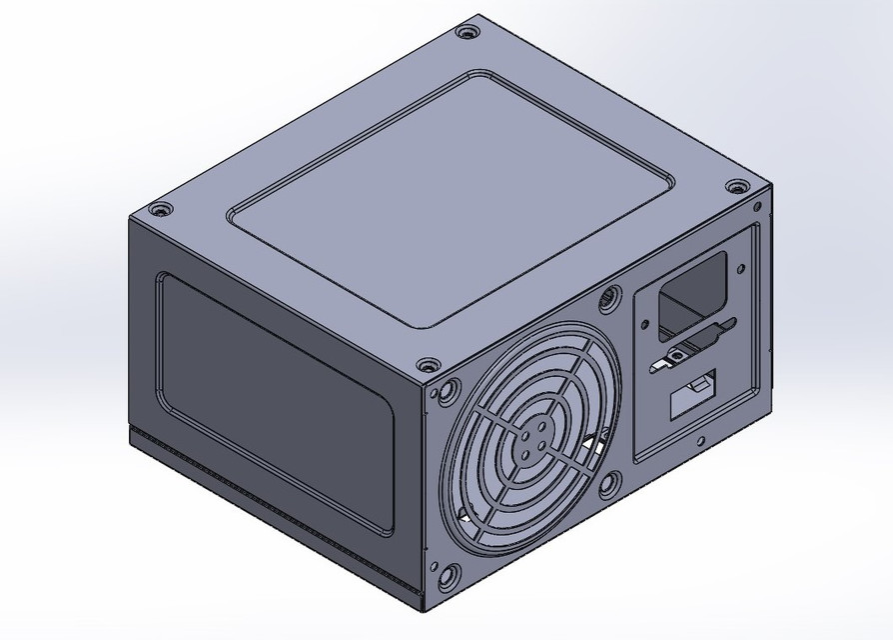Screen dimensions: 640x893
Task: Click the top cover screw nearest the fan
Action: [428, 365]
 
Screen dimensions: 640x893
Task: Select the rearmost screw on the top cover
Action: [466, 32]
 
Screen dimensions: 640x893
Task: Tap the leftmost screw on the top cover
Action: [158, 210]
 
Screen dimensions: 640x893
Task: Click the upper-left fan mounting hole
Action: [447, 389]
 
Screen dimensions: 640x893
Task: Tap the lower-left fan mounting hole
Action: [447, 574]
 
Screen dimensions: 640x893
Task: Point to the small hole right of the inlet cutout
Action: [741, 267]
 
